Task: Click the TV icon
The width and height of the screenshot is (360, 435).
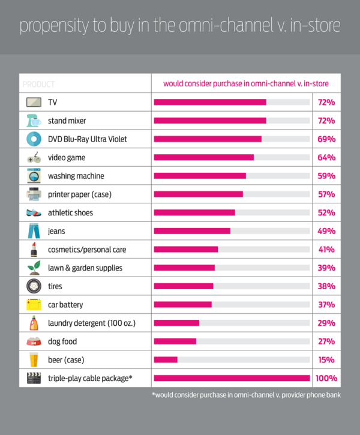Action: pyautogui.click(x=34, y=102)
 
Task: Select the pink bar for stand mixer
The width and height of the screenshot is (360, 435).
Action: pyautogui.click(x=210, y=121)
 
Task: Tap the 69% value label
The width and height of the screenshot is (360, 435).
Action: pyautogui.click(x=326, y=139)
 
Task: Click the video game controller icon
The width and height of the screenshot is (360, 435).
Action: pyautogui.click(x=34, y=158)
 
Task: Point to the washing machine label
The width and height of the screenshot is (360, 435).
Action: pyautogui.click(x=76, y=176)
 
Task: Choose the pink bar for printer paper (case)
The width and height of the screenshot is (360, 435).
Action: pyautogui.click(x=199, y=194)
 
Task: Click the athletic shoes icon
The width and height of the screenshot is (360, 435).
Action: pyautogui.click(x=34, y=212)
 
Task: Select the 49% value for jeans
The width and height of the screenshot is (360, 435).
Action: pyautogui.click(x=326, y=231)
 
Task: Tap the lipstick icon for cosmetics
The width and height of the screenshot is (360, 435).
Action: pyautogui.click(x=34, y=250)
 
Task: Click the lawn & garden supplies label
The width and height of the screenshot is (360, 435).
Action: pyautogui.click(x=85, y=268)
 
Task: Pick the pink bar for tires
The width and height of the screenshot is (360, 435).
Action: pyautogui.click(x=184, y=286)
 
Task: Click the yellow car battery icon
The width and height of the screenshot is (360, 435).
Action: pyautogui.click(x=34, y=305)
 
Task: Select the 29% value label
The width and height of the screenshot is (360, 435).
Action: pyautogui.click(x=326, y=323)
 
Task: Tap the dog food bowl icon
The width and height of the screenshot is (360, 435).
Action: pyautogui.click(x=34, y=341)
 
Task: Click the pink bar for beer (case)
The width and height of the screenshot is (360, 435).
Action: pyautogui.click(x=166, y=360)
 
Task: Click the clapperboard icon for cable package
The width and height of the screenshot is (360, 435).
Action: pyautogui.click(x=34, y=379)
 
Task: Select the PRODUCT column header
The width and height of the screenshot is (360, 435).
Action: pyautogui.click(x=38, y=84)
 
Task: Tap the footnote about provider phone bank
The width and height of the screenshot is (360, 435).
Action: pyautogui.click(x=246, y=395)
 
